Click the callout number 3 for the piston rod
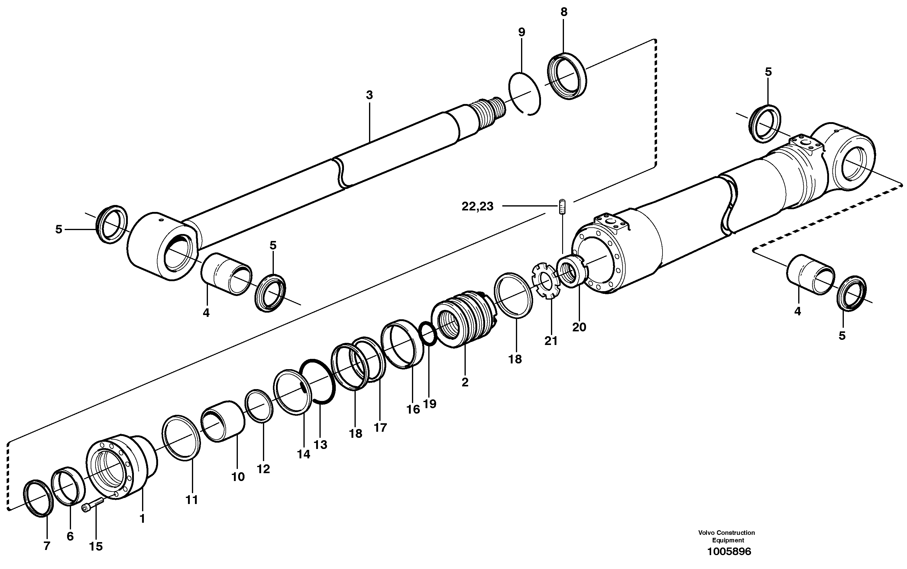pyautogui.click(x=369, y=95)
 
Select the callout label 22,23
pyautogui.click(x=478, y=206)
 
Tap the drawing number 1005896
pyautogui.click(x=729, y=552)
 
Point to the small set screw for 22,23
pyautogui.click(x=562, y=207)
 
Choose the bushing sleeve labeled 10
pyautogui.click(x=223, y=421)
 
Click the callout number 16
pyautogui.click(x=413, y=409)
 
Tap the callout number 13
pyautogui.click(x=320, y=445)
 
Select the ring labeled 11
pyautogui.click(x=181, y=438)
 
